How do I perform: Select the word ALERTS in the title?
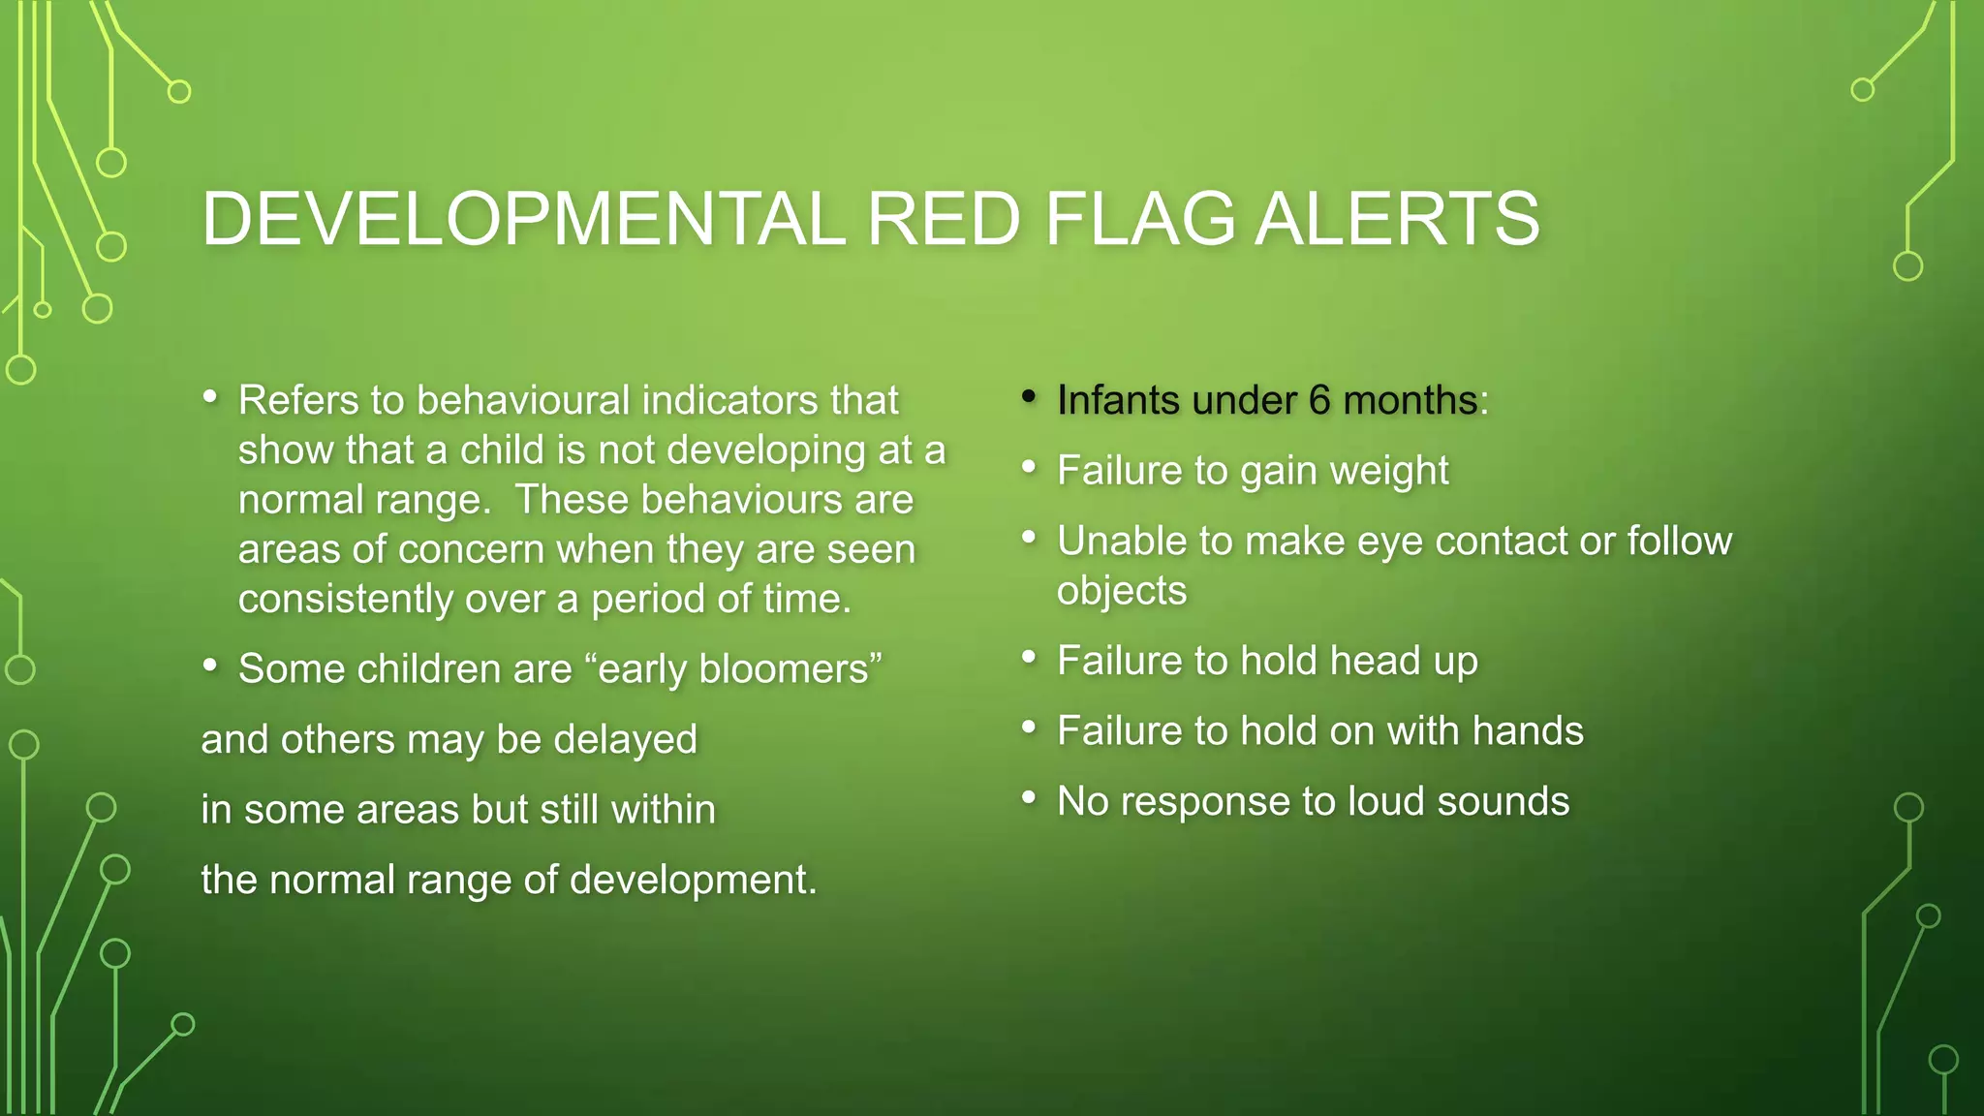pos(1397,219)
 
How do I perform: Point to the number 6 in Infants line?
pos(1319,400)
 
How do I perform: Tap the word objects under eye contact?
pos(1121,591)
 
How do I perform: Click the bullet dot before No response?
pos(1029,797)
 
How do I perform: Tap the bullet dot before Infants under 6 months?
pos(1029,396)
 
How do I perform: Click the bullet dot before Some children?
pos(210,666)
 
